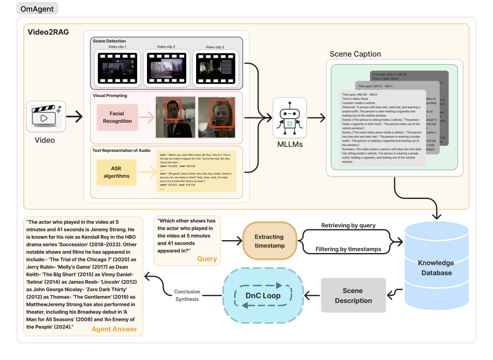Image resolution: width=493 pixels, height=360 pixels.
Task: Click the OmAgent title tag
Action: [37, 8]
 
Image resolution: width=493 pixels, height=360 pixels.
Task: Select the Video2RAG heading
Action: [48, 32]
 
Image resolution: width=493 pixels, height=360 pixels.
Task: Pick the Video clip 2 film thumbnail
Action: [166, 68]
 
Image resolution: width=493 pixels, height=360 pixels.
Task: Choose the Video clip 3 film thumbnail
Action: [215, 68]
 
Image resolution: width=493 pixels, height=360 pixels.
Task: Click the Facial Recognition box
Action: [117, 117]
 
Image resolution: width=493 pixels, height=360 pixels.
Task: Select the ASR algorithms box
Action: [117, 172]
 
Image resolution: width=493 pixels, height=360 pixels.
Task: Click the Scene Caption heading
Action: [355, 54]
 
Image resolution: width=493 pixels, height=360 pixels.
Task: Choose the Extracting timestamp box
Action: [269, 241]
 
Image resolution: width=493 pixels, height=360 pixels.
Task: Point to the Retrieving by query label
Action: [348, 226]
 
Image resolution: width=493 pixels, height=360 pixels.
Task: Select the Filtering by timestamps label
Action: [348, 249]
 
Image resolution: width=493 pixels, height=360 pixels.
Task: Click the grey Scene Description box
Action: [353, 295]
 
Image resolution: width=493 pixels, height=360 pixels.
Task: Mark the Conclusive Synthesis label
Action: [187, 295]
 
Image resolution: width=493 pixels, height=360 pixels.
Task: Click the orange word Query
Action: [207, 259]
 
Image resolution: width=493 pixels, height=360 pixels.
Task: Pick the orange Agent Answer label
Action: [114, 329]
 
